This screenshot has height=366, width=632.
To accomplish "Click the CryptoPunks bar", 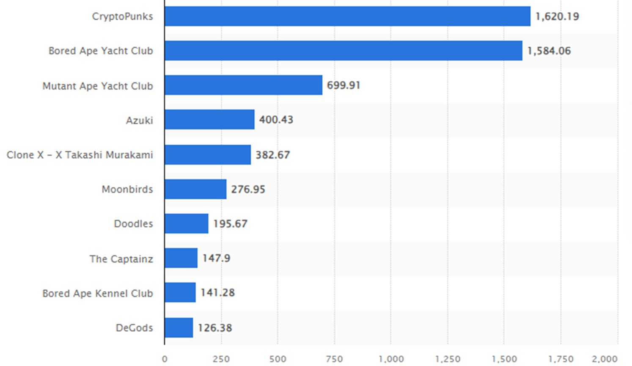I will coord(347,16).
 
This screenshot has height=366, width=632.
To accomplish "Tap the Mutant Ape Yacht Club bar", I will coord(243,85).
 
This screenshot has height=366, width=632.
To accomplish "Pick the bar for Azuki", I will coord(209,120).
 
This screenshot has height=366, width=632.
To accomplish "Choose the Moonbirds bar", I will coord(195,189).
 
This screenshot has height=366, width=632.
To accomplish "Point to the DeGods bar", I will coord(179,327).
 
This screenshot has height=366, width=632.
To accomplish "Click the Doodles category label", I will coord(133,223).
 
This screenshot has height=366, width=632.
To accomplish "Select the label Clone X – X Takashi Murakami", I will coord(80,155).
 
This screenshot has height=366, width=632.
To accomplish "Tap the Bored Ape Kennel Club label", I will coord(97,293).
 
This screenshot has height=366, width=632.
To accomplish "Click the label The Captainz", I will coord(121,259).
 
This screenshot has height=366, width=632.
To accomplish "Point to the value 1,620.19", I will coord(557,17).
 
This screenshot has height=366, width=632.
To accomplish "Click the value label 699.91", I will coord(343,85).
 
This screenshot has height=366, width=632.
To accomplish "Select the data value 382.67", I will coord(272,155).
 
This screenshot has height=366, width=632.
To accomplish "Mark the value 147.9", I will coord(216,258).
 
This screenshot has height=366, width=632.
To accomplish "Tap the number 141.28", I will coord(217,293).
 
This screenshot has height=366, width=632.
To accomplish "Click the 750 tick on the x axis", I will coord(334,359).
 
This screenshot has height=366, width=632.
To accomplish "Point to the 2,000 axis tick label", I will coord(605,359).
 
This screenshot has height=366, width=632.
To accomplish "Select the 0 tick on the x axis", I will coord(165,359).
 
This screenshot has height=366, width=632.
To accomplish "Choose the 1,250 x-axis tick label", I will coord(448,359).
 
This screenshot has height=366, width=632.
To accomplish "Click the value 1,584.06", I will coord(549,51).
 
